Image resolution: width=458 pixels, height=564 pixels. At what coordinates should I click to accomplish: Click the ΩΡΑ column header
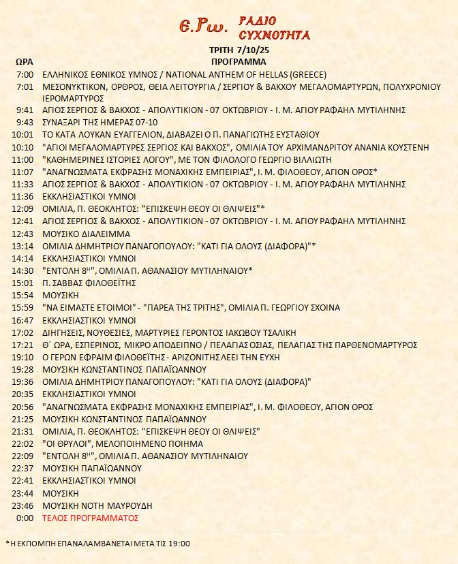click(x=23, y=61)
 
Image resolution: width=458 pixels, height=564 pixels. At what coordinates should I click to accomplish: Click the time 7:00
click(x=25, y=74)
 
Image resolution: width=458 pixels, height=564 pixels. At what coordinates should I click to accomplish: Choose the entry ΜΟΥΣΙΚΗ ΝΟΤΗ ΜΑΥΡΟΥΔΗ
click(x=97, y=505)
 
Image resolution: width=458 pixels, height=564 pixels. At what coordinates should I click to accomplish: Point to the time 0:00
click(x=25, y=518)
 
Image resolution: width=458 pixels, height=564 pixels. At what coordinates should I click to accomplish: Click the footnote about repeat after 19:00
click(x=97, y=543)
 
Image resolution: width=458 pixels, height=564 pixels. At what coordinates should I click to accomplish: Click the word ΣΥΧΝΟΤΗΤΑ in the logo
click(x=275, y=34)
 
